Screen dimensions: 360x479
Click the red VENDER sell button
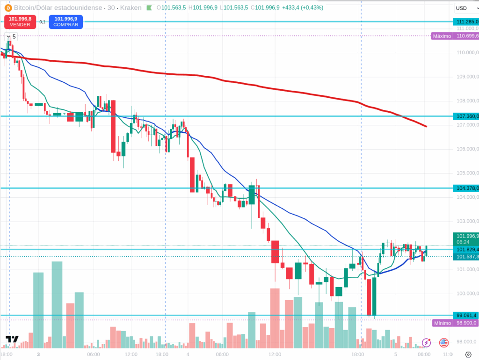[x=20, y=22]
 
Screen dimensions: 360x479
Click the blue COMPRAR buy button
[x=65, y=22]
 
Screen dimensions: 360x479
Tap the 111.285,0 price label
[x=466, y=22]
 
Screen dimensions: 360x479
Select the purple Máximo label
[x=442, y=36]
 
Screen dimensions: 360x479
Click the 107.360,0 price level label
[x=466, y=116]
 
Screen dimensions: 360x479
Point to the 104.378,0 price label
[x=466, y=188]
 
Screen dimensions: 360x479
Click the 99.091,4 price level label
[x=466, y=316]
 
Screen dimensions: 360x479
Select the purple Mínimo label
[x=442, y=323]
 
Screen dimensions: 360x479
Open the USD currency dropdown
[x=466, y=8]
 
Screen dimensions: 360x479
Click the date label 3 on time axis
[x=38, y=355]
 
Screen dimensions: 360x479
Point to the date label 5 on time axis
[x=395, y=355]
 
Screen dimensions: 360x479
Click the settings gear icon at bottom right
[x=468, y=355]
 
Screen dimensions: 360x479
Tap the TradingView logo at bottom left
[x=12, y=340]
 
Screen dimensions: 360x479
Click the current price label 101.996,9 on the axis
[x=466, y=236]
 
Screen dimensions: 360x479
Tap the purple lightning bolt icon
[x=426, y=343]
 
